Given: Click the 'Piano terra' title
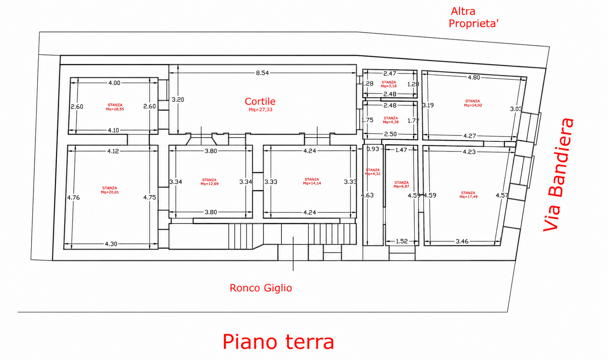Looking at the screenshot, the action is pos(278,342).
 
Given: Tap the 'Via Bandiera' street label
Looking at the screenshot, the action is pos(559,175).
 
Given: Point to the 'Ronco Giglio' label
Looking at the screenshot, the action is pos(261,288).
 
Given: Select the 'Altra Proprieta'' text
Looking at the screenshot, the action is pos(474,18).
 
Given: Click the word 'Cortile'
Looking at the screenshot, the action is pos(260,101).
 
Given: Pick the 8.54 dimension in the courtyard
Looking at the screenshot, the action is pos(262,73).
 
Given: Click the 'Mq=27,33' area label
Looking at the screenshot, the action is pos(261,110).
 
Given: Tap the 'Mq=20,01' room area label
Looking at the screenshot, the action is pos(110,192).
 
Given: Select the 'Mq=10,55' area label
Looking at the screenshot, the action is pos(115,109).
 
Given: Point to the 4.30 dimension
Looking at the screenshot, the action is pos(111,244).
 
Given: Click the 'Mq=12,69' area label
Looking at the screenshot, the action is pos(209,184).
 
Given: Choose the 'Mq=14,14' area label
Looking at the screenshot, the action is pos(312,183).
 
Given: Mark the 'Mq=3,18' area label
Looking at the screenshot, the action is pos(389,86).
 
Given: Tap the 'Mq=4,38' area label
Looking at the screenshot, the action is pos(390,122).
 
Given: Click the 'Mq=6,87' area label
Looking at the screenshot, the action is pos(402,187).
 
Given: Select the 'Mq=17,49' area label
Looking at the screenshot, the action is pos(468,197).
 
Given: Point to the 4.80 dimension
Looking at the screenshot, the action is pos(474,77).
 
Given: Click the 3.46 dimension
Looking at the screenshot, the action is pos(462,241).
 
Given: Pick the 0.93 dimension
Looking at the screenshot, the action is pos(372,149).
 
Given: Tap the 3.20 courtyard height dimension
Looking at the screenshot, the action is pos(178,100).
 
